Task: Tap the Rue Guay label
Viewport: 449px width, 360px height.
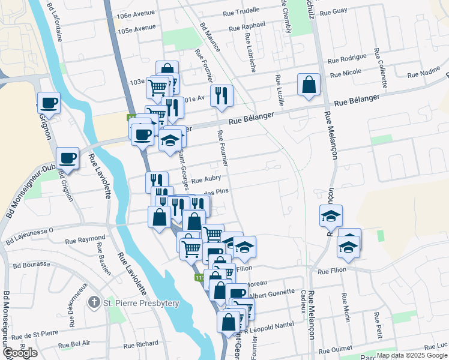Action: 334,11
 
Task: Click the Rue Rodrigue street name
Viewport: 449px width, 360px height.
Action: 346,58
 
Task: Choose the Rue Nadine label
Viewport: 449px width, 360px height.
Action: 424,74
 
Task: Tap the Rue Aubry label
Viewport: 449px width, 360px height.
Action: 206,178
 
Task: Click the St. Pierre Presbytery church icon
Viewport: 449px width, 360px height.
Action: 94,302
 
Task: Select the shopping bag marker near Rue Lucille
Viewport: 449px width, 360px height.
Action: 309,85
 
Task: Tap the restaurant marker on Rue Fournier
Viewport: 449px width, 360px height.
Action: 221,95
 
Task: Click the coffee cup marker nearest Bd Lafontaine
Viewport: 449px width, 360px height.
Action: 49,102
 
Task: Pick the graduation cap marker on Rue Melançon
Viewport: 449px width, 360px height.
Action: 331,216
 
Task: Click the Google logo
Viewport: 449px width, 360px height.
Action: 20,353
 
